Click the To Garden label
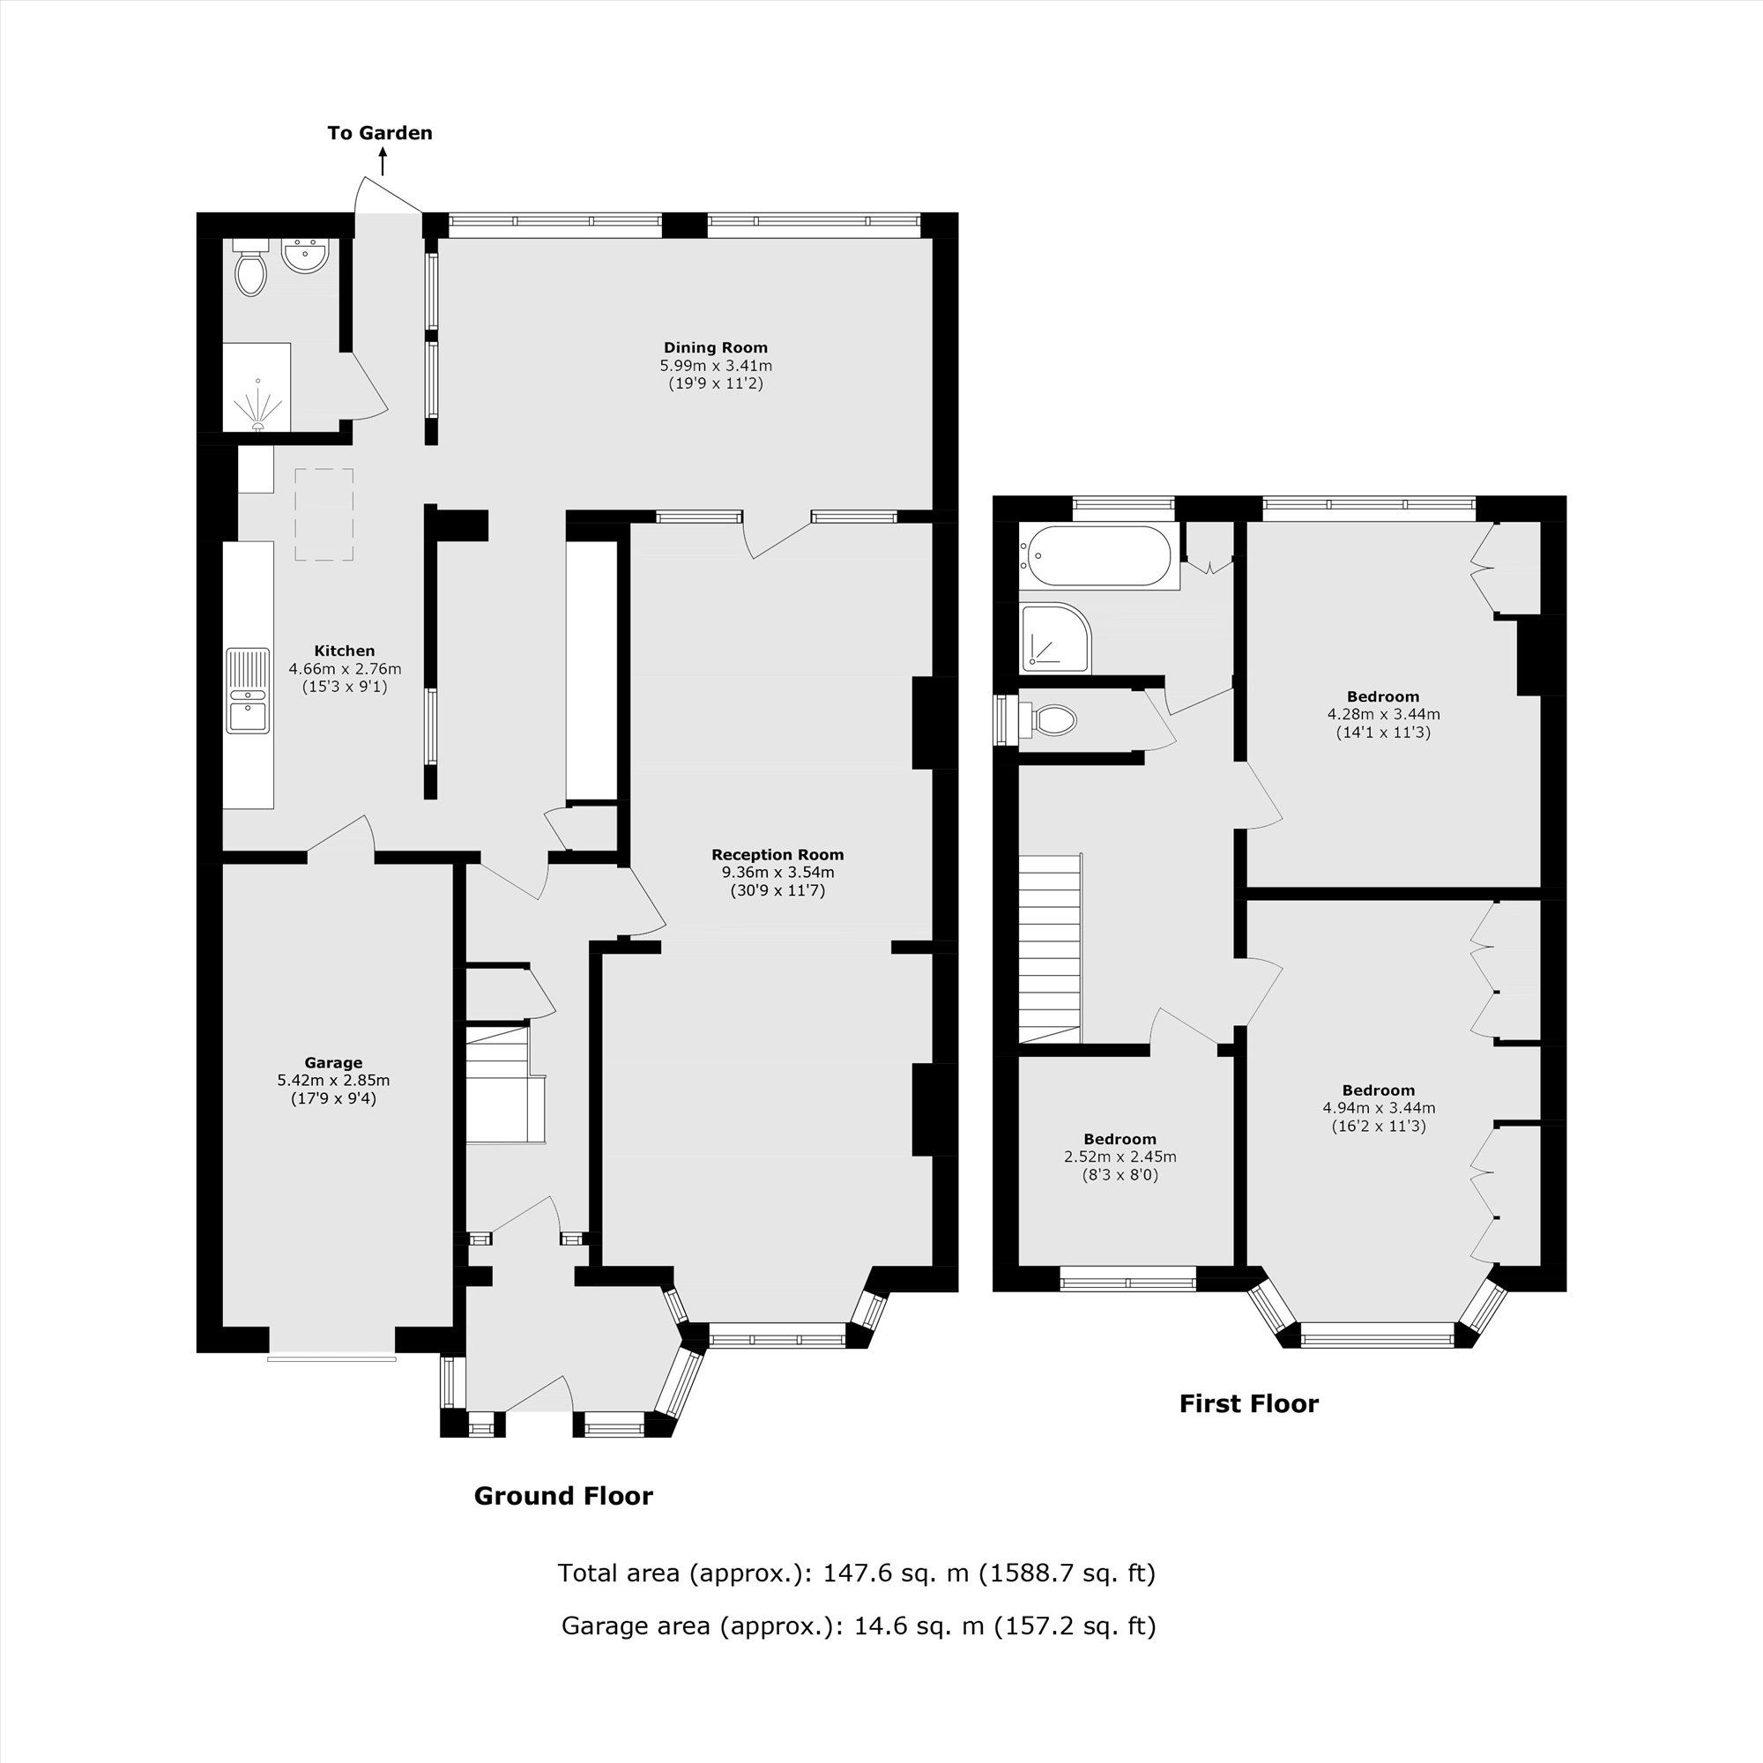pyautogui.click(x=380, y=133)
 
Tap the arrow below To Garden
pyautogui.click(x=383, y=163)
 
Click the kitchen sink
pyautogui.click(x=249, y=691)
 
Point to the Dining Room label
pyautogui.click(x=716, y=347)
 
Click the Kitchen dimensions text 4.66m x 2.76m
pyautogui.click(x=345, y=669)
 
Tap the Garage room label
pyautogui.click(x=333, y=1062)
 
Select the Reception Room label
pyautogui.click(x=777, y=855)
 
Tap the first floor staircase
pyautogui.click(x=1051, y=949)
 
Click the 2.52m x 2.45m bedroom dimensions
pyautogui.click(x=1120, y=1157)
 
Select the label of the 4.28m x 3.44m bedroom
pyautogui.click(x=1382, y=697)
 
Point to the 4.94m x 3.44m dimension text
pyautogui.click(x=1378, y=1109)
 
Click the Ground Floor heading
pyautogui.click(x=563, y=1497)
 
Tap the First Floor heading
pyautogui.click(x=1248, y=1404)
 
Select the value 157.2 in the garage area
pyautogui.click(x=1029, y=1627)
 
